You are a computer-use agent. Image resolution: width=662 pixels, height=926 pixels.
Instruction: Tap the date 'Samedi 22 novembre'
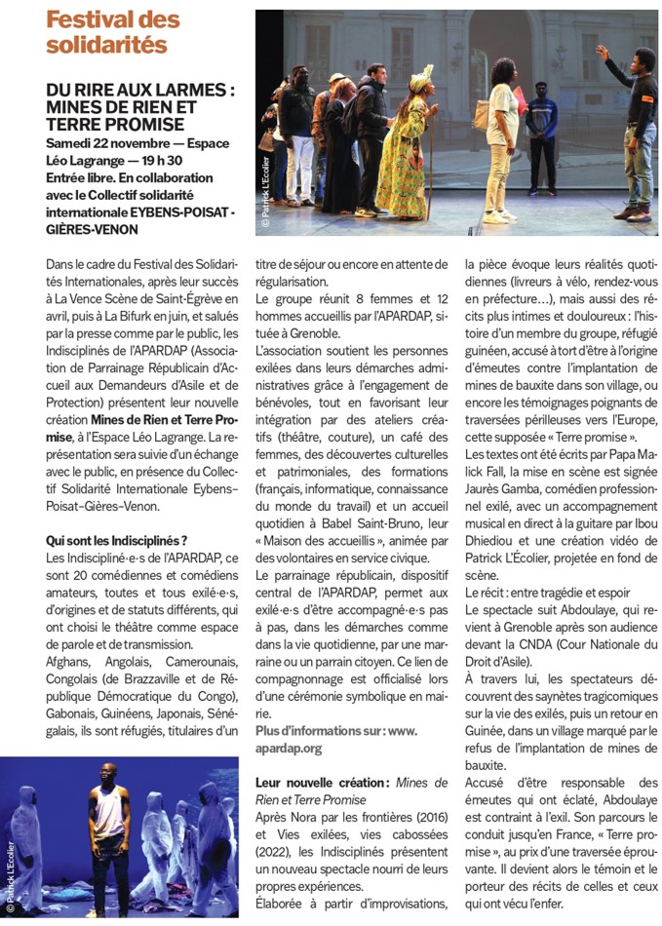point(108,144)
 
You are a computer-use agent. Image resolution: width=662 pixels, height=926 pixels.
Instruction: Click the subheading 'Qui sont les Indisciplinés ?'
point(117,540)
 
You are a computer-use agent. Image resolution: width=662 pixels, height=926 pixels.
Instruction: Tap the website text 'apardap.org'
point(288,748)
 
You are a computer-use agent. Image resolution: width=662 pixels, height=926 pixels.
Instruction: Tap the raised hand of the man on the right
point(602,51)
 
